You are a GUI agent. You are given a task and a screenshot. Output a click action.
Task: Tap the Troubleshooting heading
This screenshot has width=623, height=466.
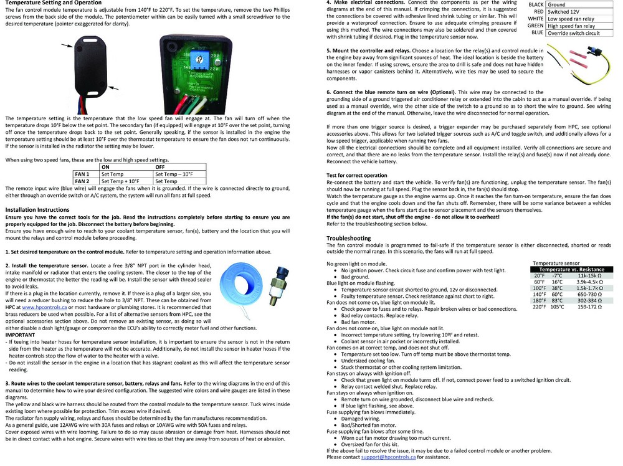pos(349,238)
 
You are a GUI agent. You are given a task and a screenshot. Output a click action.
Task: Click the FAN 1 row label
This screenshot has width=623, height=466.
pos(82,174)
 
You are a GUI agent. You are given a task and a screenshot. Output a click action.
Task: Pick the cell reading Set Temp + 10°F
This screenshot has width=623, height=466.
pos(120,181)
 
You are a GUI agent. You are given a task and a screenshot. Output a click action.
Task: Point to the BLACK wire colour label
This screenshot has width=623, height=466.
pos(536,4)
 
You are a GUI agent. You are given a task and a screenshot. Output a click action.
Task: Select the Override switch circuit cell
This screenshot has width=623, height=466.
pos(573,33)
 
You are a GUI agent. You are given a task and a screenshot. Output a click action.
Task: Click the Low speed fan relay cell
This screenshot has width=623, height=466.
pos(571,19)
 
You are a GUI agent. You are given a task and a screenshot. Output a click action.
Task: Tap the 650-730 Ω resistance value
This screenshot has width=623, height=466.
pos(589,294)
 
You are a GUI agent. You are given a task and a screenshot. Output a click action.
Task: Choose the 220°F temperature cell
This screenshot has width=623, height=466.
pos(539,307)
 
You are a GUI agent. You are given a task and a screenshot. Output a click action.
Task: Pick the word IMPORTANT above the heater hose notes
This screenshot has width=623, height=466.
pos(20,334)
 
